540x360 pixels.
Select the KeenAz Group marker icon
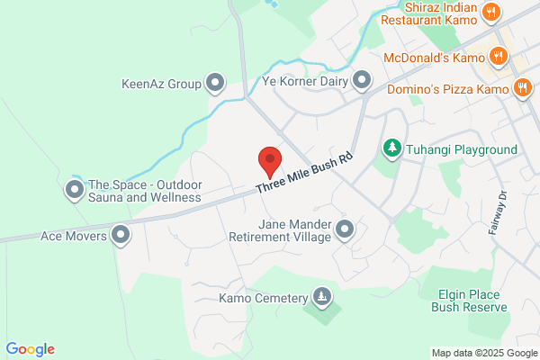215,84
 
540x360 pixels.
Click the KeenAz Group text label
161,85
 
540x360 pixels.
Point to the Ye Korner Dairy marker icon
362,81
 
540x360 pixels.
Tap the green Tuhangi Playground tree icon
391,148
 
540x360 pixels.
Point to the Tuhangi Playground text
462,148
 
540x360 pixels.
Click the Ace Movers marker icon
121,237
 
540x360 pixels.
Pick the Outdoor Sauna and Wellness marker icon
74,190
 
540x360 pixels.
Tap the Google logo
30,349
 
